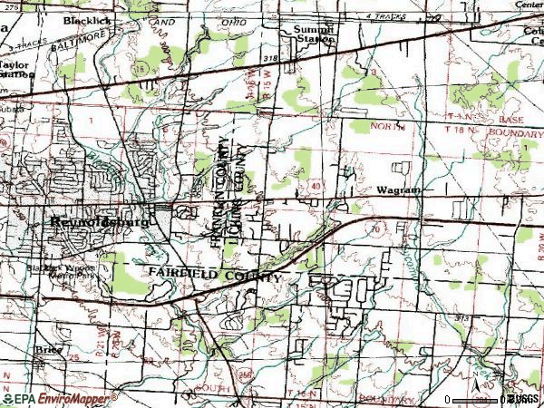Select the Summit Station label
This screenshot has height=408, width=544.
313,34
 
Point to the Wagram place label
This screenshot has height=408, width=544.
395,192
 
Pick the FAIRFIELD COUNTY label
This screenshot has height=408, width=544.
215,273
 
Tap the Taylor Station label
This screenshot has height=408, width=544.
17,70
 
